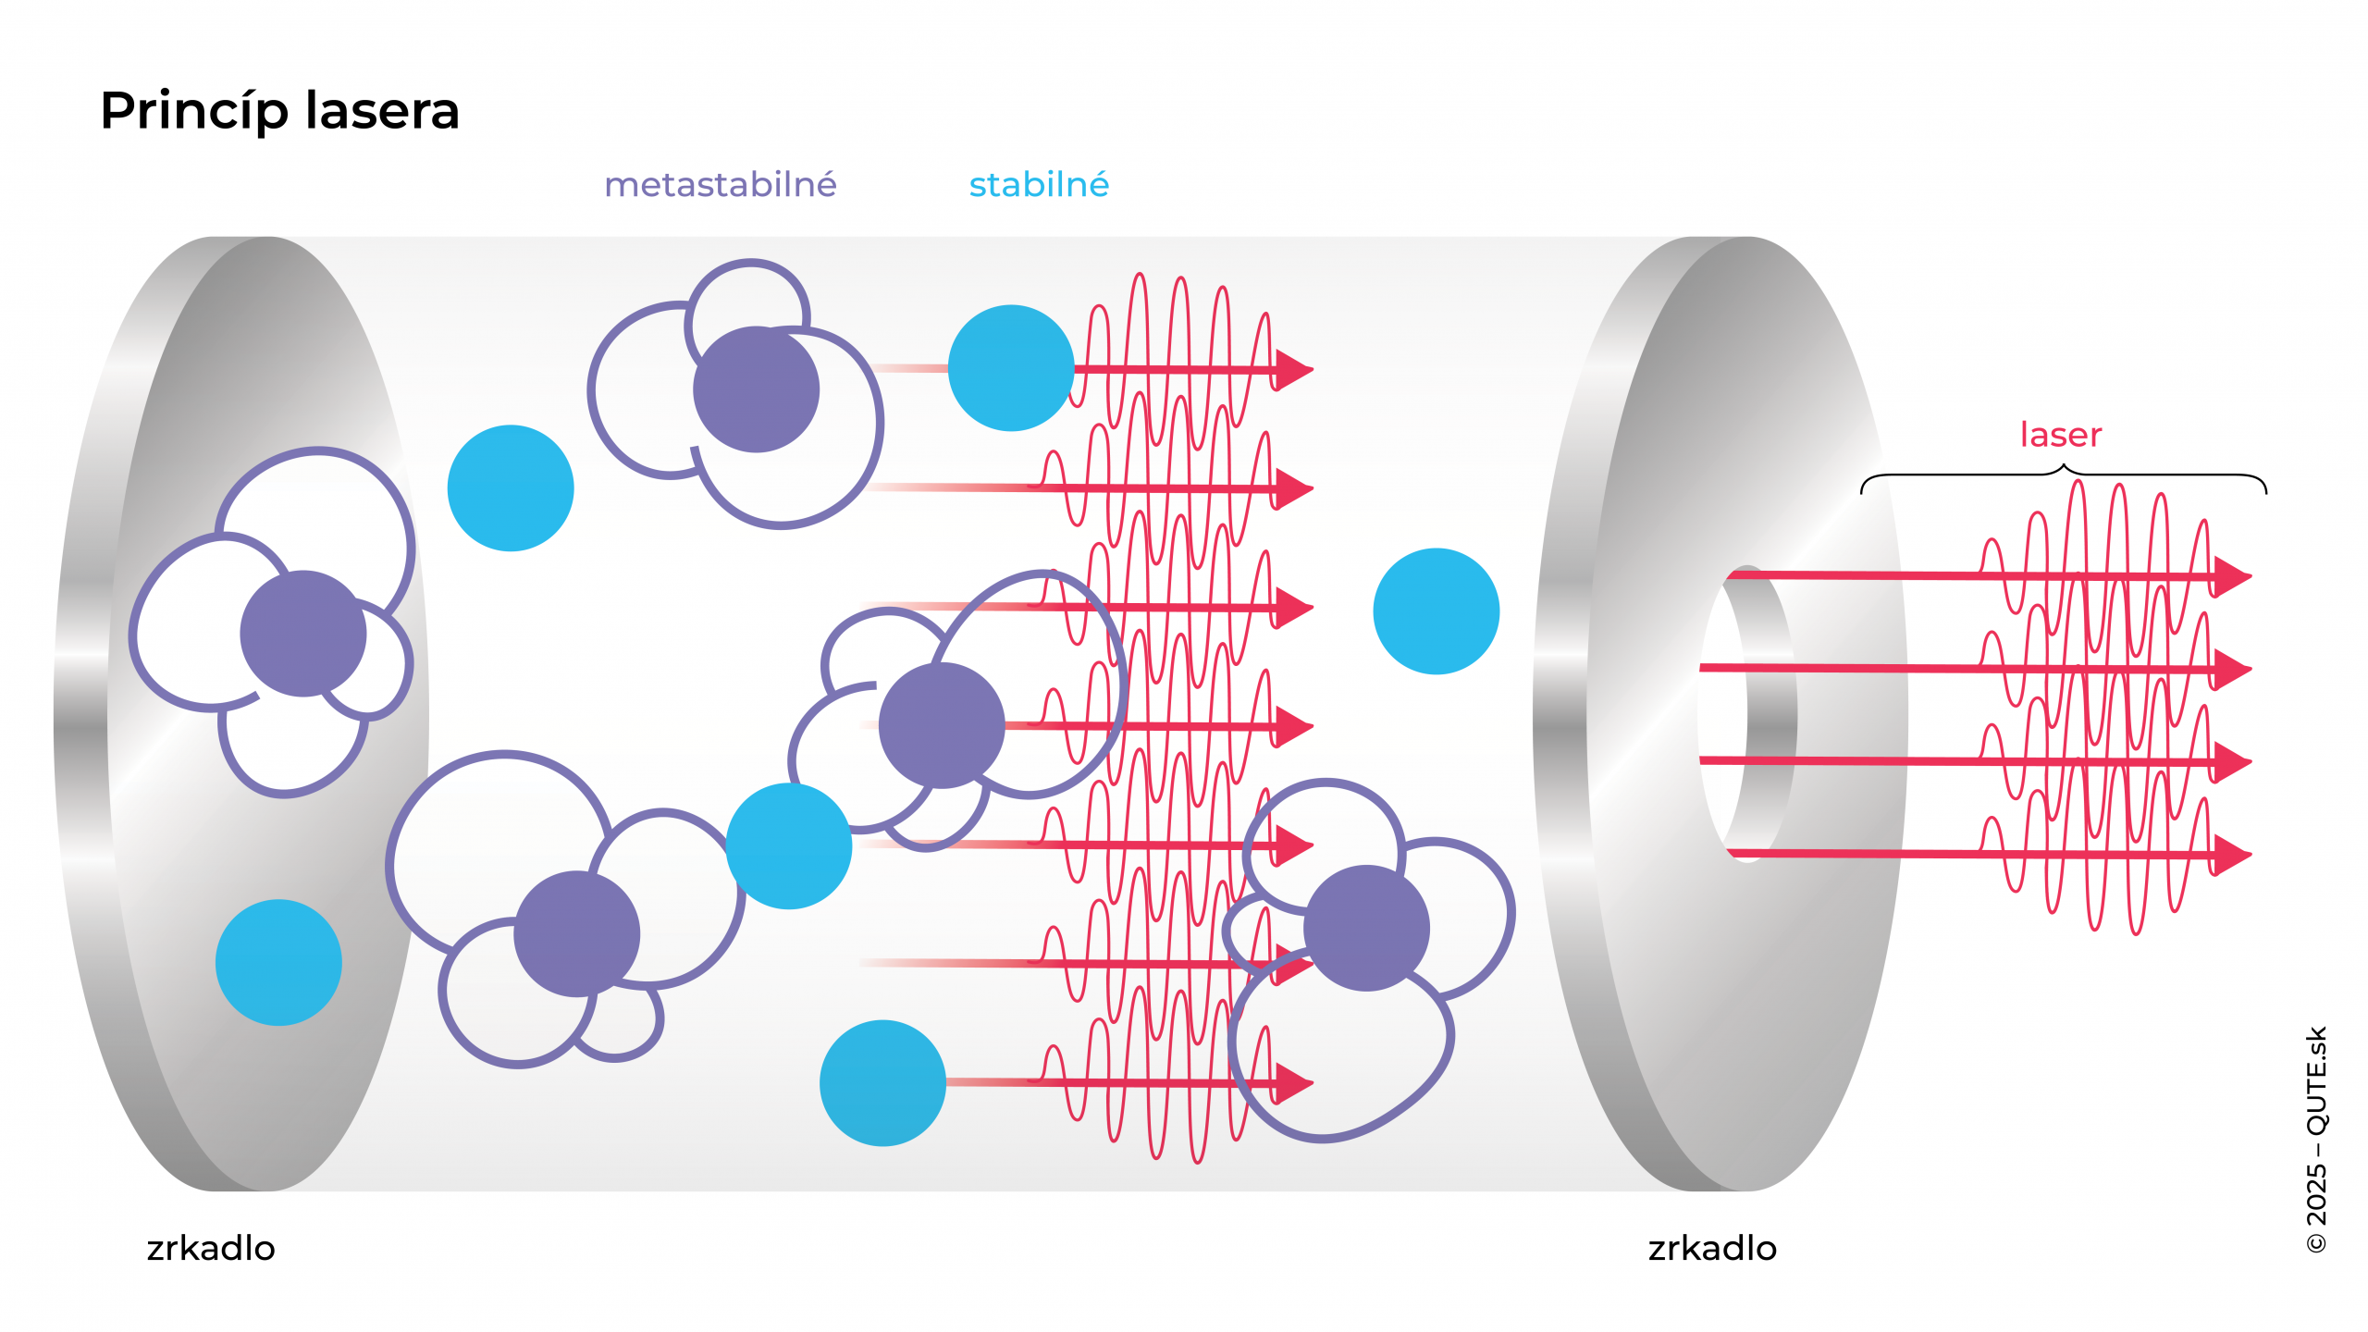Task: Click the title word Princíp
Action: (x=194, y=111)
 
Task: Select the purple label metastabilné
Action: (x=720, y=185)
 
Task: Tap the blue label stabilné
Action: (x=1039, y=185)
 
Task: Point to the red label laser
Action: (x=2060, y=435)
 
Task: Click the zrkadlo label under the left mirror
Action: (x=211, y=1249)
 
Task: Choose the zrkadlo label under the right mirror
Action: (x=1712, y=1249)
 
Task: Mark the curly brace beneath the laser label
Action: (x=2063, y=475)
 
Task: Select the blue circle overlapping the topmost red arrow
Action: (x=1011, y=368)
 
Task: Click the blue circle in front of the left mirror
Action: (x=278, y=962)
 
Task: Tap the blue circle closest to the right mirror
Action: (x=1436, y=611)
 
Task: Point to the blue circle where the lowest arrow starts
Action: (x=882, y=1083)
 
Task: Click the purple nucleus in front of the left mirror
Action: (x=303, y=634)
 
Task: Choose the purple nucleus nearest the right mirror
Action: (x=1366, y=928)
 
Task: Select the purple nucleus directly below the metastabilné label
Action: (x=757, y=389)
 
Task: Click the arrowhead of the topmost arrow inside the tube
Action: (x=1294, y=369)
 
